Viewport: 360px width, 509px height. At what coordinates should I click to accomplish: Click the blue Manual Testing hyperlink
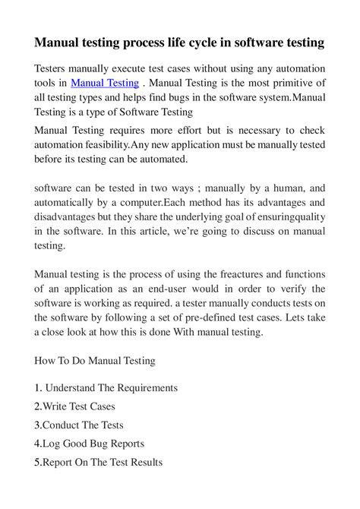[x=105, y=83]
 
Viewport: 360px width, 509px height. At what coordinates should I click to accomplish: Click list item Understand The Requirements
[x=111, y=387]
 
